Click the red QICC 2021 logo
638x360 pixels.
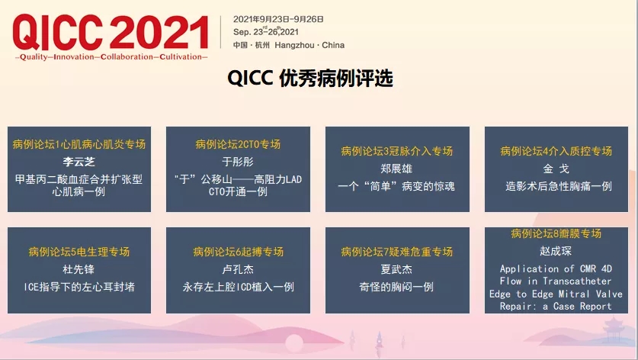click(111, 33)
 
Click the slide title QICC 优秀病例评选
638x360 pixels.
click(310, 78)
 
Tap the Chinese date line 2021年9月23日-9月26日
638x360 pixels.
click(278, 19)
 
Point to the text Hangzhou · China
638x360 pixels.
click(309, 45)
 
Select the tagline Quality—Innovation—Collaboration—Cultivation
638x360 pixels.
click(111, 57)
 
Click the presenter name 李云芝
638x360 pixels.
click(79, 162)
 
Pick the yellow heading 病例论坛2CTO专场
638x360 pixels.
click(238, 144)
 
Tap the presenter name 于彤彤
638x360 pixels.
click(238, 162)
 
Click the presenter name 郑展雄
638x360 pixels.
click(396, 169)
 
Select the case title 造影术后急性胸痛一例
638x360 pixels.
click(559, 187)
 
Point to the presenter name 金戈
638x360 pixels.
click(556, 169)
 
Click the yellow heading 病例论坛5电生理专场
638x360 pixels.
click(79, 252)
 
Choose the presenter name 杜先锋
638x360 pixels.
click(79, 269)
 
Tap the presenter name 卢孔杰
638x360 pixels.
click(238, 269)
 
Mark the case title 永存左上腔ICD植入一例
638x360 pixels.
click(238, 287)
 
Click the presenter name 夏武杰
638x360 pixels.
click(396, 269)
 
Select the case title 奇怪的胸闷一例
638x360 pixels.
click(396, 287)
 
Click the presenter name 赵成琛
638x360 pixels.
click(556, 251)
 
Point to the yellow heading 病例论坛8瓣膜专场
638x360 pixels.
click(556, 233)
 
